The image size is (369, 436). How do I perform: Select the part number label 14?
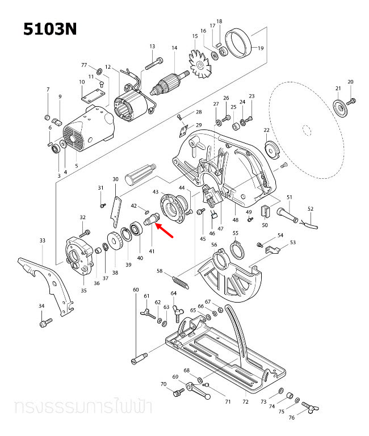[x=174, y=48]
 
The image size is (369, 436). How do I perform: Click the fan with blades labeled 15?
[x=200, y=67]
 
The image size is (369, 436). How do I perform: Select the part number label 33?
[x=42, y=240]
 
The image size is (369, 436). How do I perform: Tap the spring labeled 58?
[x=179, y=280]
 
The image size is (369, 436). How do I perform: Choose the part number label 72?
[x=245, y=401]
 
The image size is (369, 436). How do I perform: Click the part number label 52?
[x=310, y=208]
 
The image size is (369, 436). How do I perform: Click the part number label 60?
[x=136, y=290]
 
